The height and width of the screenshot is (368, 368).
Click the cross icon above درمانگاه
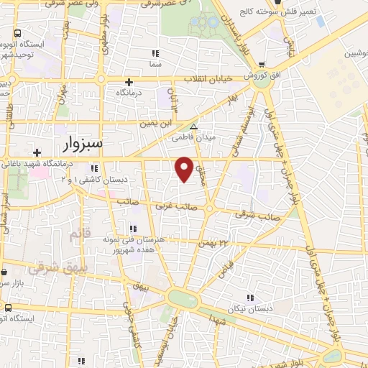(x=129, y=82)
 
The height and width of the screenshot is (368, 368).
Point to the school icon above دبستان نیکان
(x=250, y=297)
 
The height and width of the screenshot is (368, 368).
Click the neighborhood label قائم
(x=77, y=234)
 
